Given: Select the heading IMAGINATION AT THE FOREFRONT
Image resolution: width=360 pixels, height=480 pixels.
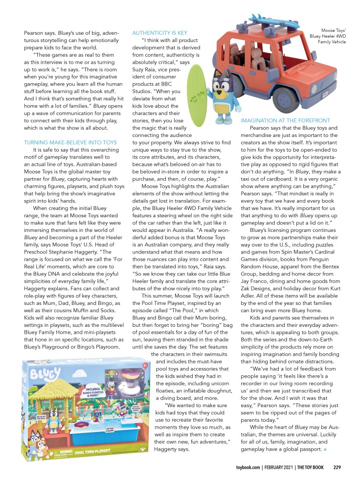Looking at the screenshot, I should [285, 120].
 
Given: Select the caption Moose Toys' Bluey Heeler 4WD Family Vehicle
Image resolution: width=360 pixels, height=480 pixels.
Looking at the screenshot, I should [328, 36].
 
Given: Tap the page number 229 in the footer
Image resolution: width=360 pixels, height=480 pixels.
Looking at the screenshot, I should [337, 466].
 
